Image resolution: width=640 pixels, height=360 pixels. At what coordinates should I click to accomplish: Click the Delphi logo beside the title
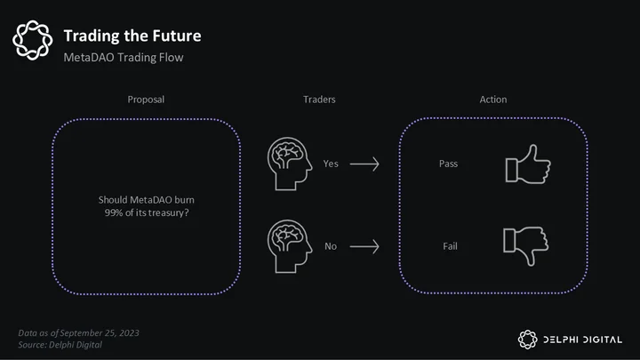pyautogui.click(x=33, y=40)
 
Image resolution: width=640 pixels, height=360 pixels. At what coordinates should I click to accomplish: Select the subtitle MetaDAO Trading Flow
pyautogui.click(x=124, y=58)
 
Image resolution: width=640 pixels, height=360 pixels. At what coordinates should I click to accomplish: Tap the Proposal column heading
pyautogui.click(x=146, y=100)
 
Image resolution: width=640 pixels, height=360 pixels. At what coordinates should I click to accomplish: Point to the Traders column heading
pyautogui.click(x=319, y=100)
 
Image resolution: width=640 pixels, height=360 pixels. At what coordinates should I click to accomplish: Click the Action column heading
pyautogui.click(x=493, y=100)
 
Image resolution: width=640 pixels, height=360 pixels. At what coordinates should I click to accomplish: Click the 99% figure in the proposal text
pyautogui.click(x=114, y=212)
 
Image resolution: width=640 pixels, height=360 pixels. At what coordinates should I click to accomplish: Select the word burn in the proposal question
pyautogui.click(x=185, y=200)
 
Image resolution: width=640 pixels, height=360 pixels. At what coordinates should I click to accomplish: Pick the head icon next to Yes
pyautogui.click(x=290, y=164)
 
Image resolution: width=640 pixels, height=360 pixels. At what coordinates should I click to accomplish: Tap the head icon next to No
pyautogui.click(x=290, y=246)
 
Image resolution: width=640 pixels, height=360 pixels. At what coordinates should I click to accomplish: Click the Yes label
pyautogui.click(x=331, y=164)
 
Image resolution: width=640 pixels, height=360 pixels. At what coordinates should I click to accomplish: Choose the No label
pyautogui.click(x=331, y=246)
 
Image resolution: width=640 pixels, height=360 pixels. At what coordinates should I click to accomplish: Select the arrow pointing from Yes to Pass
pyautogui.click(x=364, y=164)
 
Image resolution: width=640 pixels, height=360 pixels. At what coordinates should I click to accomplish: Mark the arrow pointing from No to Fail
pyautogui.click(x=364, y=246)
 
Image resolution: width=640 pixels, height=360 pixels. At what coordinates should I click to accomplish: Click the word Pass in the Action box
pyautogui.click(x=448, y=164)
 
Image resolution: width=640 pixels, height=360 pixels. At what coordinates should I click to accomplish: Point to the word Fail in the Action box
pyautogui.click(x=450, y=246)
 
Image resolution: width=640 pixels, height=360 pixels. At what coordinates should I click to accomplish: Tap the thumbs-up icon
pyautogui.click(x=528, y=164)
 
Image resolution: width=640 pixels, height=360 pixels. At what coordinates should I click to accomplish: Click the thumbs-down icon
pyautogui.click(x=525, y=246)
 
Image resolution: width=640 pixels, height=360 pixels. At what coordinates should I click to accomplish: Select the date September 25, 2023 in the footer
pyautogui.click(x=100, y=333)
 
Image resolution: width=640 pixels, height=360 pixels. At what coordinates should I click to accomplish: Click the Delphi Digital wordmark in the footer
pyautogui.click(x=582, y=340)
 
